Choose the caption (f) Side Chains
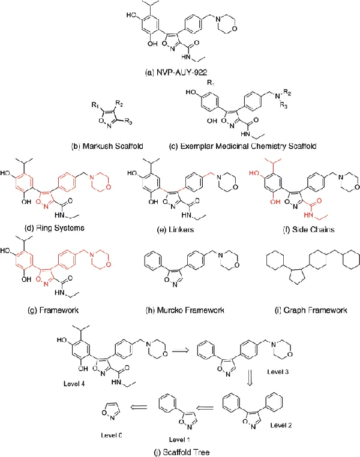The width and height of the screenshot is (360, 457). (x=298, y=228)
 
